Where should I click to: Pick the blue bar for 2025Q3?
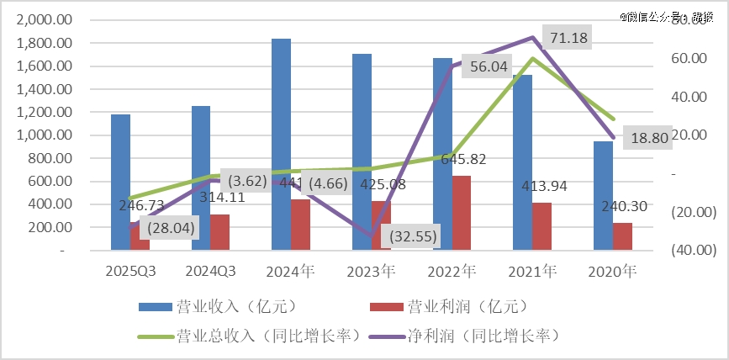121,182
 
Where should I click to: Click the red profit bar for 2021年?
541,226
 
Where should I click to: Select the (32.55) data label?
409,236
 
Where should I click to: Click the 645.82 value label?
462,159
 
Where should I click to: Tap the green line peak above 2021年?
532,58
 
